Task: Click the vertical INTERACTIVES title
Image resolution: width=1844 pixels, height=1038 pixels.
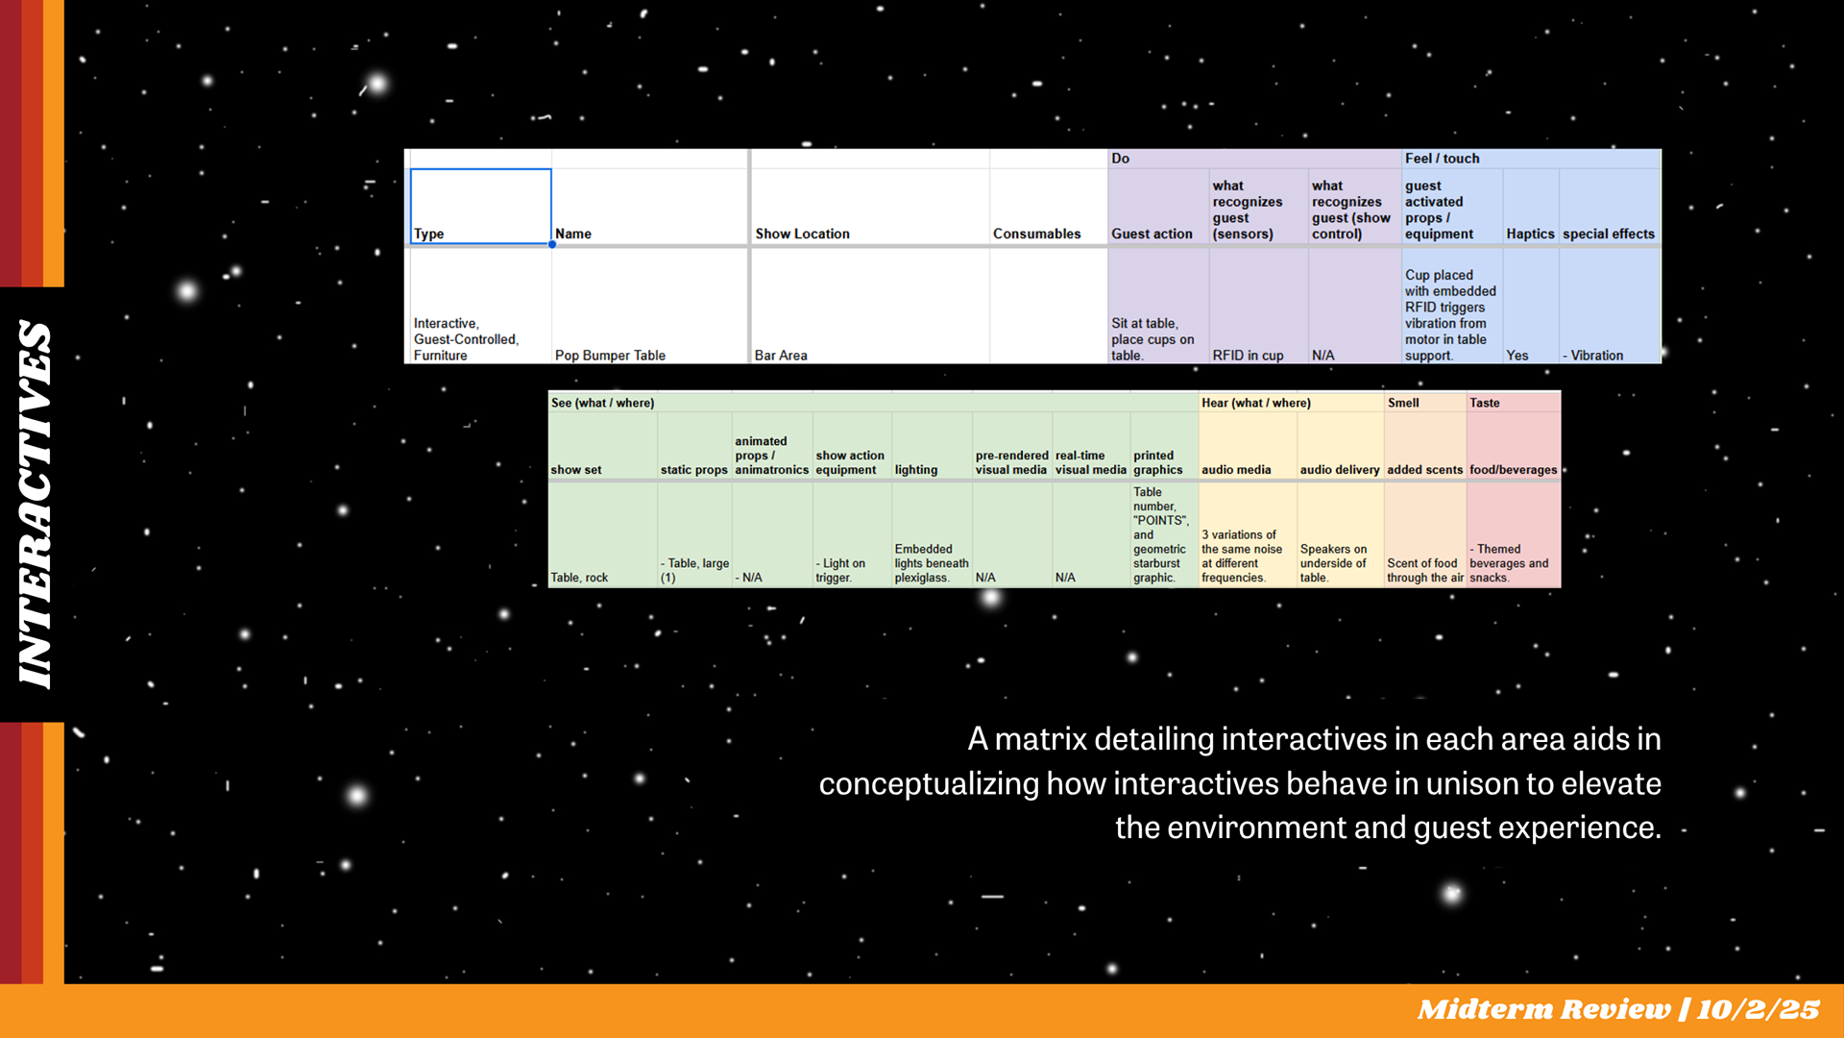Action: pyautogui.click(x=35, y=505)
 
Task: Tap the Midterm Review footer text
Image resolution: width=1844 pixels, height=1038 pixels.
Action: pyautogui.click(x=1618, y=1009)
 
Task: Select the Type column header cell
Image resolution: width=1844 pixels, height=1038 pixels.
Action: pyautogui.click(x=480, y=207)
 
